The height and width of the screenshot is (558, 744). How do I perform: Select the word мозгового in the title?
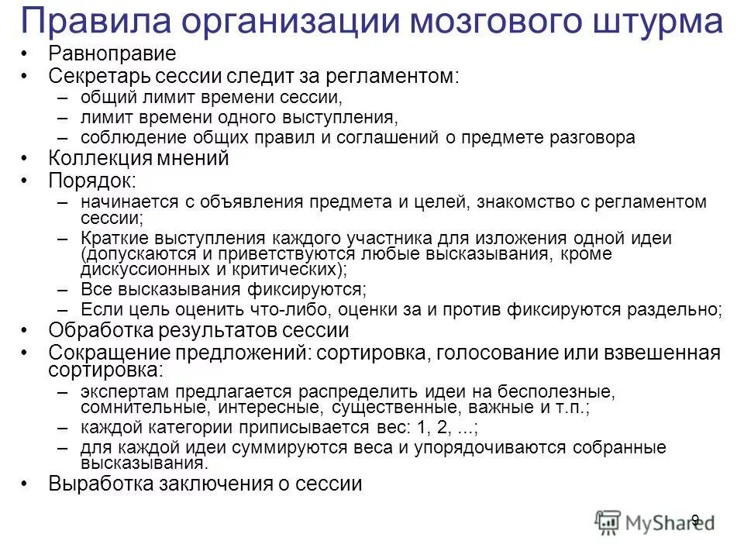click(x=490, y=22)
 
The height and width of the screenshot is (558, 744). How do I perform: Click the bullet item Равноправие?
click(x=112, y=54)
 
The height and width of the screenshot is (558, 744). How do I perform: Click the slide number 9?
click(x=695, y=520)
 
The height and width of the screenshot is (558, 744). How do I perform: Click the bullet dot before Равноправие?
click(x=25, y=55)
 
